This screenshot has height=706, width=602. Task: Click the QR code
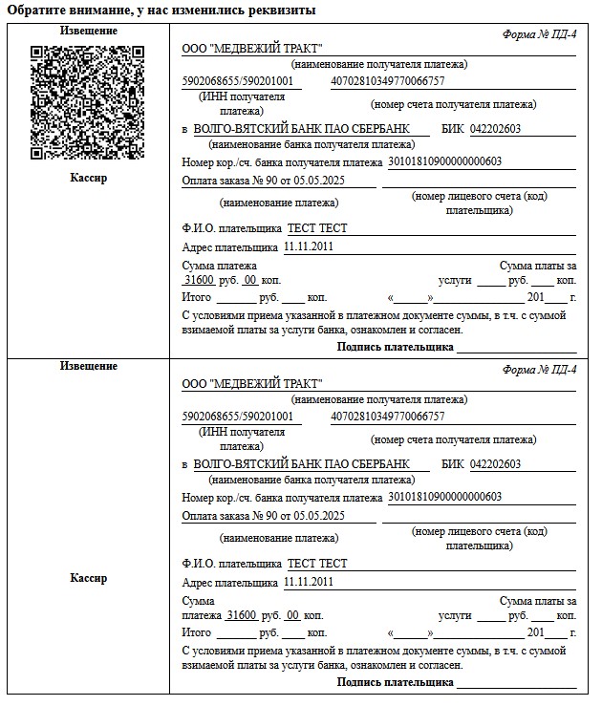89,101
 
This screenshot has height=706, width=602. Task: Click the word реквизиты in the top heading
283,10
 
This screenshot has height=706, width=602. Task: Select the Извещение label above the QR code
89,31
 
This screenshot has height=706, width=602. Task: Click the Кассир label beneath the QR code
89,178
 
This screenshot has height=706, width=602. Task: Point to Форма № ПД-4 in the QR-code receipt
539,34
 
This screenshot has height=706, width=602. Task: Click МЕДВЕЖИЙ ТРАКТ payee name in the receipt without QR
252,384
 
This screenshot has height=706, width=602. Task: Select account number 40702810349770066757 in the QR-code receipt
387,81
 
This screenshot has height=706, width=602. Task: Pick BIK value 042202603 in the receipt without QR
495,464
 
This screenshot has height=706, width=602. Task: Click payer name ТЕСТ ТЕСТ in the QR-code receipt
317,228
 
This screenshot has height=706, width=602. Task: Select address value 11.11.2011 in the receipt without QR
309,582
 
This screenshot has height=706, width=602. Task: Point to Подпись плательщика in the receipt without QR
395,682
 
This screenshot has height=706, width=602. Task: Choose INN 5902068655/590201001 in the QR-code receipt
241,81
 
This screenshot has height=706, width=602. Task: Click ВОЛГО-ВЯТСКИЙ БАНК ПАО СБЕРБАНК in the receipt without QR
300,464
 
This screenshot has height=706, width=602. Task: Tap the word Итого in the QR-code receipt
196,297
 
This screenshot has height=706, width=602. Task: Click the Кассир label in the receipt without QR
89,578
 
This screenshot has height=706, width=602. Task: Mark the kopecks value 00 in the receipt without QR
293,615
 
